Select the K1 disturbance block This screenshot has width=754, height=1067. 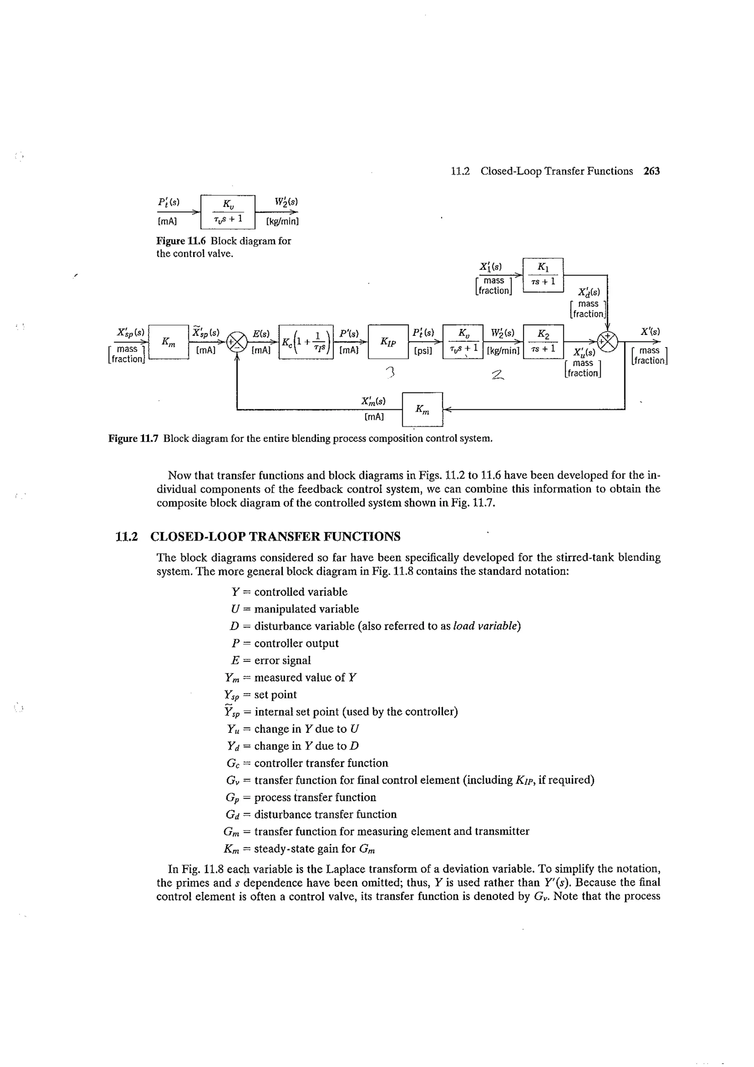543,275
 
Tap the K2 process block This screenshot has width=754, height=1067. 543,341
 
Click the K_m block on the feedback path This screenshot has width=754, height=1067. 422,410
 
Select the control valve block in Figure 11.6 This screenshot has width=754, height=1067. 228,212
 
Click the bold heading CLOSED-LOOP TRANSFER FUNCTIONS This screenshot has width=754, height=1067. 275,537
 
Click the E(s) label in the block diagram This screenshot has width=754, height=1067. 261,334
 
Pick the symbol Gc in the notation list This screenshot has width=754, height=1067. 233,763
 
